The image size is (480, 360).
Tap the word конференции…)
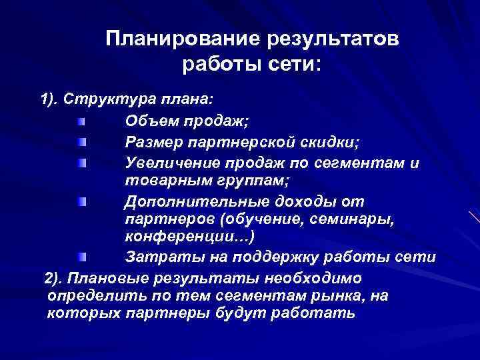(189, 237)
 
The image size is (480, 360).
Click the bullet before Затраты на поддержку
(81, 257)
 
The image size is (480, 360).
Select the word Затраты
(156, 257)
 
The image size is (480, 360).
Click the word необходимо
(323, 277)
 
